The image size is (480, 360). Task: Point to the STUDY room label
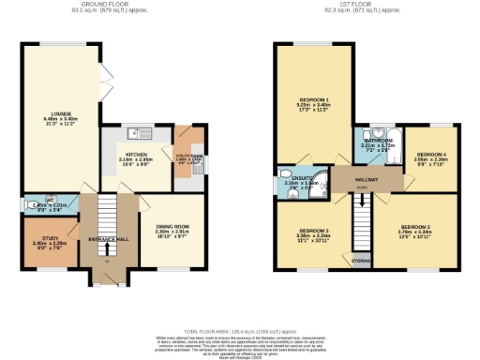(46, 242)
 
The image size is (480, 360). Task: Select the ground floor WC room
(47, 205)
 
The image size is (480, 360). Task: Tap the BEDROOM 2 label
(413, 227)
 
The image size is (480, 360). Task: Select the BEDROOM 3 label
(313, 230)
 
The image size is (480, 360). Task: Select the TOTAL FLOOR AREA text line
(240, 331)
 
